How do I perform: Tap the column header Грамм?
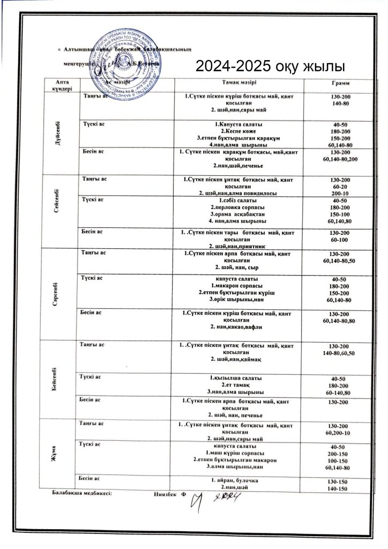[x=341, y=84]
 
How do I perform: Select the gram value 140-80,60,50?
[x=341, y=353]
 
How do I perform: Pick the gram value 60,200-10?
[x=341, y=433]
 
